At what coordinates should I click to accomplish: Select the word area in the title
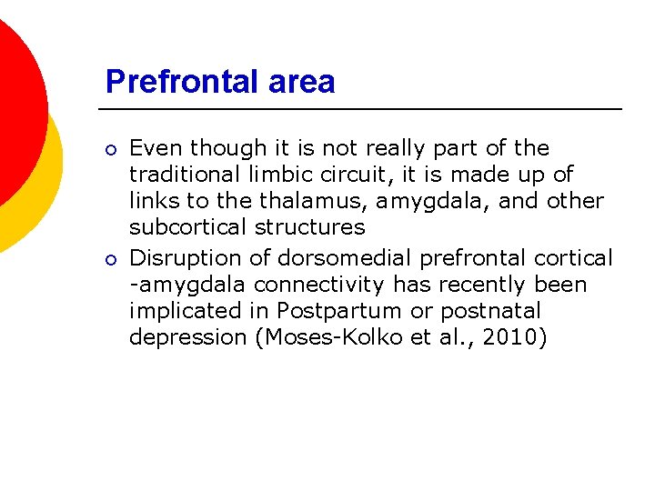click(302, 83)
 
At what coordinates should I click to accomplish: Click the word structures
click(315, 227)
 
